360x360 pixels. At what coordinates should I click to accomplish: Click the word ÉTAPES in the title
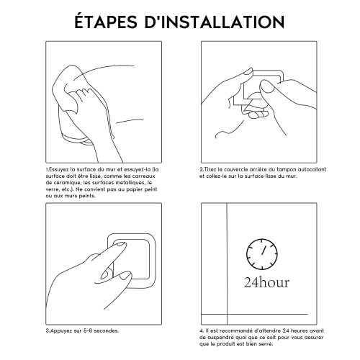[x=106, y=22]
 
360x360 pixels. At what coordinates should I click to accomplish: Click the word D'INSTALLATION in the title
[x=215, y=22]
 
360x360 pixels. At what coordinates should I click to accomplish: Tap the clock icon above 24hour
[x=262, y=254]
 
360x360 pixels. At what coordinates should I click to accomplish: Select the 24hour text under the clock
[x=266, y=282]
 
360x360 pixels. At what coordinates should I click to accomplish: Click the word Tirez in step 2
[x=209, y=169]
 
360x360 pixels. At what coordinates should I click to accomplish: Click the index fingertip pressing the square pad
[x=120, y=246]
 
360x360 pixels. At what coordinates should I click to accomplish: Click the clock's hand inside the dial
[x=264, y=250]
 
